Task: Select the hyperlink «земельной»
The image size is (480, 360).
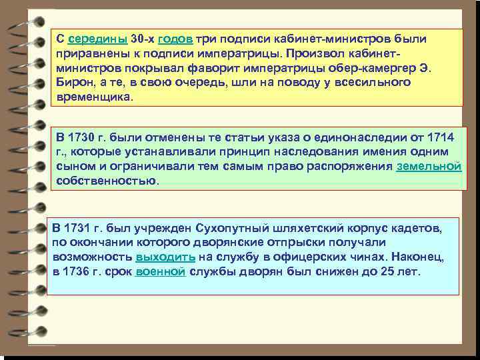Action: pyautogui.click(x=429, y=167)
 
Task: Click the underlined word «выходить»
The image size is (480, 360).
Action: pyautogui.click(x=165, y=257)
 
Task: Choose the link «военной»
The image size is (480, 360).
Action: pyautogui.click(x=161, y=271)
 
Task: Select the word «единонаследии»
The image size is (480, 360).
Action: pyautogui.click(x=347, y=137)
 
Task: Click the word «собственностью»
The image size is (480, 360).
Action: pyautogui.click(x=107, y=181)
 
